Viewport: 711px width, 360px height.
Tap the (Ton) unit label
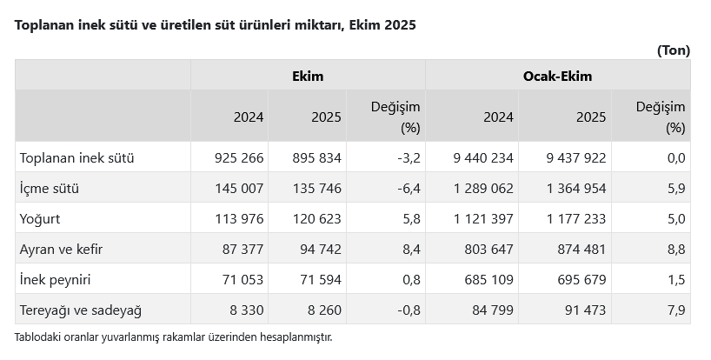[x=673, y=50]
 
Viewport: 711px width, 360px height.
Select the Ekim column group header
[x=308, y=76]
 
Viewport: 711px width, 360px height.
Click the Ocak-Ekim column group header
[x=557, y=76]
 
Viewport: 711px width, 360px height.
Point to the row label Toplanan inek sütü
[x=76, y=157]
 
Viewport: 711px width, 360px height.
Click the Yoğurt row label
[x=40, y=218]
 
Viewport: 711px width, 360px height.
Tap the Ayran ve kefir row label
[x=61, y=249]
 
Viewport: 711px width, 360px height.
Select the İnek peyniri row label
[x=56, y=279]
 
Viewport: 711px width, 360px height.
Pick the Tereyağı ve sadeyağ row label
[x=80, y=310]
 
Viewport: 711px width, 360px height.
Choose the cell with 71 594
[x=319, y=279]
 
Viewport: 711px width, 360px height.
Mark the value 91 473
[x=583, y=310]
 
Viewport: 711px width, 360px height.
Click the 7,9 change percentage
[x=675, y=310]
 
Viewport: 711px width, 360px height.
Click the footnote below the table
[x=173, y=337]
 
